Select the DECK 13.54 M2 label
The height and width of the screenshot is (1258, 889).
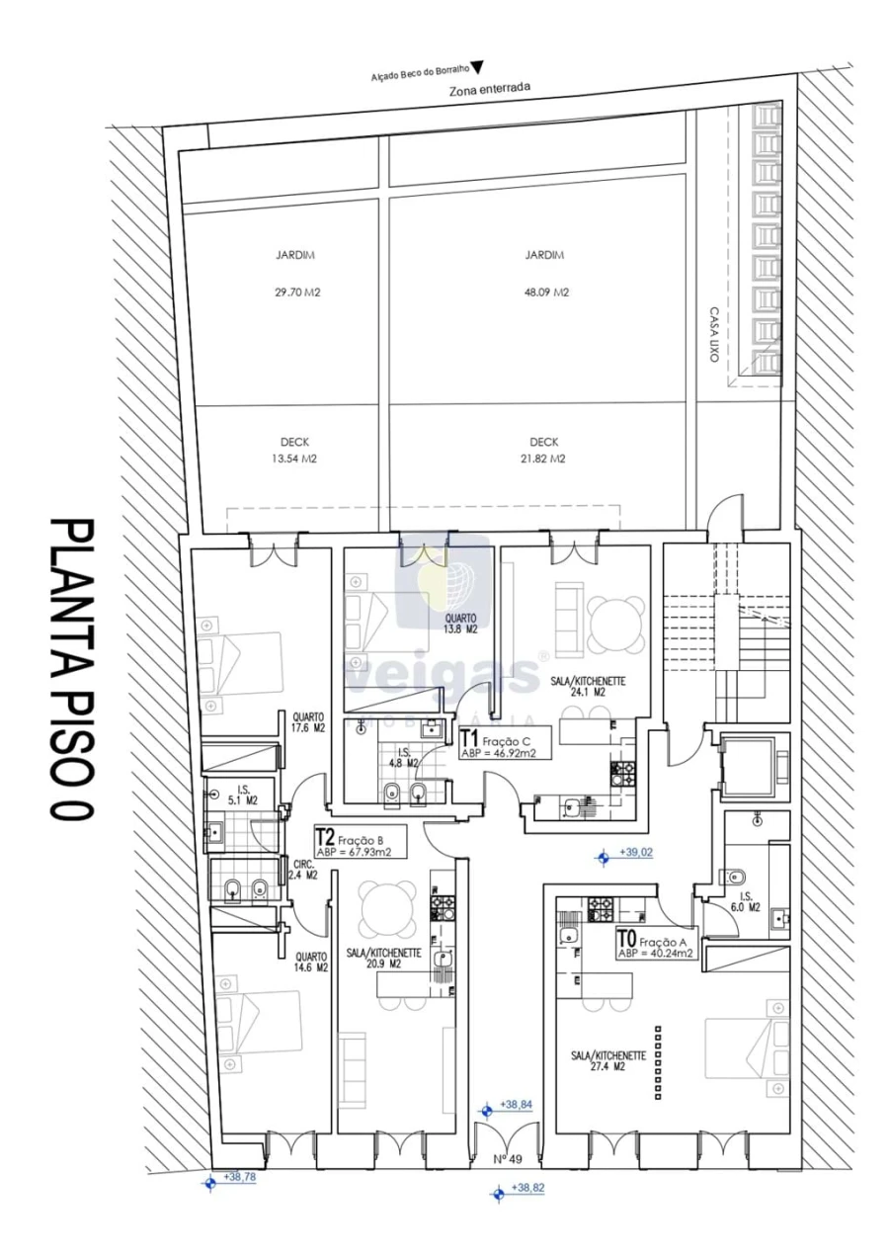pyautogui.click(x=294, y=451)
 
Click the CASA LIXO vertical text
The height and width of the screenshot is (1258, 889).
pyautogui.click(x=712, y=334)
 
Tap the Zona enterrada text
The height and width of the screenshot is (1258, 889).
pyautogui.click(x=490, y=88)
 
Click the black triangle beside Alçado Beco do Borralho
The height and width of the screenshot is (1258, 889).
pyautogui.click(x=477, y=67)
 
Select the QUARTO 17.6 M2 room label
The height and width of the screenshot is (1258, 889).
pyautogui.click(x=309, y=723)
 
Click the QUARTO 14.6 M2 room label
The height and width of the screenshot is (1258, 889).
pyautogui.click(x=310, y=963)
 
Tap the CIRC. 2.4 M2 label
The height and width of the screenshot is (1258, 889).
pyautogui.click(x=304, y=869)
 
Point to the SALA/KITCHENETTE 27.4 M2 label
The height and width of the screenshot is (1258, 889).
pyautogui.click(x=607, y=1061)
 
